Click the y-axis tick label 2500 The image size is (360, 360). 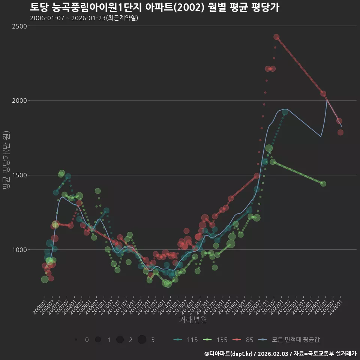(19, 26)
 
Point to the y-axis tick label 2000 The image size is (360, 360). (19, 100)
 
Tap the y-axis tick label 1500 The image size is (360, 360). (19, 175)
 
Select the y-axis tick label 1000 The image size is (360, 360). (19, 250)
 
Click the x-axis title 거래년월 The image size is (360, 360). (193, 320)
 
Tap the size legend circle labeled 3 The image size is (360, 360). (142, 340)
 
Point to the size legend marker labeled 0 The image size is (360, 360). (76, 340)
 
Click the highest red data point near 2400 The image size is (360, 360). (276, 37)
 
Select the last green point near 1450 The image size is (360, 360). (323, 183)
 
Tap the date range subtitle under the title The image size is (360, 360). (84, 18)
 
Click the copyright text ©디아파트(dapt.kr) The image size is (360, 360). (229, 353)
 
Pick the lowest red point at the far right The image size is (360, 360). (340, 132)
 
